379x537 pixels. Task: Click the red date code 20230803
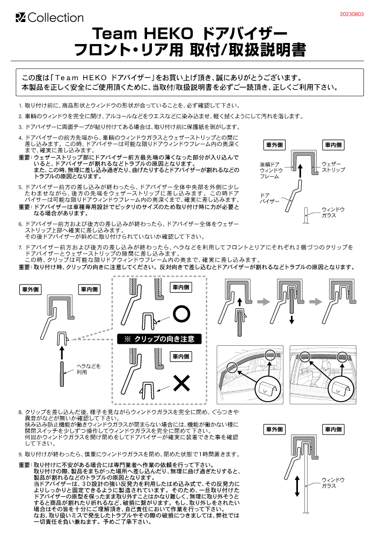point(351,14)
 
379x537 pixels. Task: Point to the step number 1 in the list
point(20,106)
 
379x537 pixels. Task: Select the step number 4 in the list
point(20,138)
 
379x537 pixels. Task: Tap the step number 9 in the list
point(20,454)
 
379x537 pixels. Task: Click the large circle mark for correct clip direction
point(182,313)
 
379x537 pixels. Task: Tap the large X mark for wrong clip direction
point(182,382)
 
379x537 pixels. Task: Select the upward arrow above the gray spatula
point(63,352)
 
